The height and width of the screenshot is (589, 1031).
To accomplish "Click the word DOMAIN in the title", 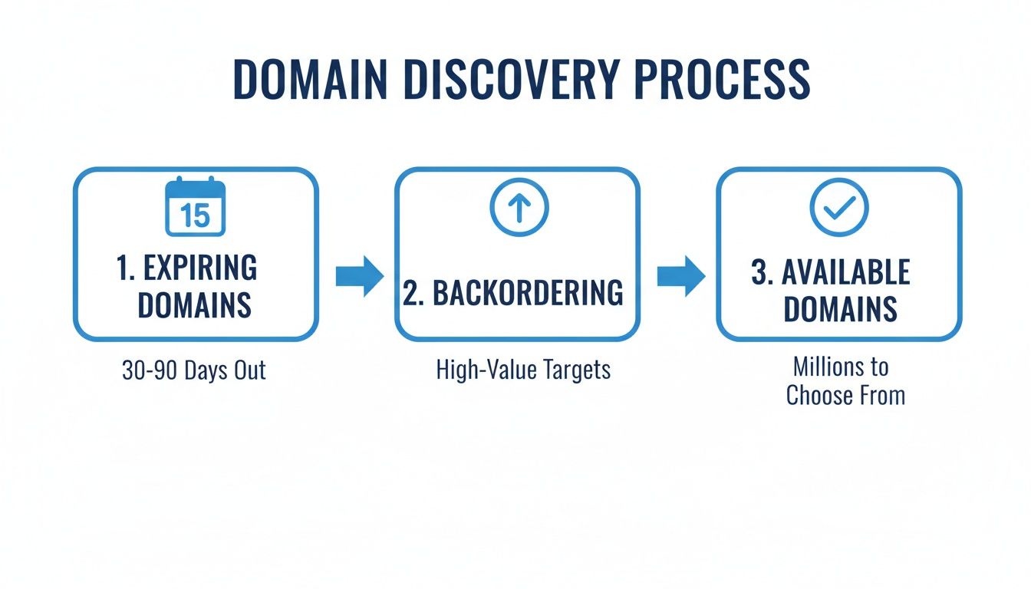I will coord(311,78).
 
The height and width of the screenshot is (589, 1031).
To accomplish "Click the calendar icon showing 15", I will coord(196,207).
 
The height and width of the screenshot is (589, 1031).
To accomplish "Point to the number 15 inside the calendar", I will coord(196,216).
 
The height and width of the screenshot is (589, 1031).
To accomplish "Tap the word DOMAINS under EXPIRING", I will coord(195,305).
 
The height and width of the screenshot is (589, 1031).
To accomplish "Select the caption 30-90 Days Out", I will coord(194,371).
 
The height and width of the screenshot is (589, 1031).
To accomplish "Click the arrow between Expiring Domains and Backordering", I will coord(359,275).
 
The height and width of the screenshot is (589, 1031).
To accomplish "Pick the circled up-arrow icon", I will coord(519,207).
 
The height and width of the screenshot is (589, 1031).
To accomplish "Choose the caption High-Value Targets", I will coord(523,370).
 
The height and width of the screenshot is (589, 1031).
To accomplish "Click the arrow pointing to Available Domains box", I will coord(680,275).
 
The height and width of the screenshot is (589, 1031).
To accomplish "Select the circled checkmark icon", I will coord(839,207).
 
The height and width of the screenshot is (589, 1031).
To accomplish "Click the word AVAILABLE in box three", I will coord(854,273).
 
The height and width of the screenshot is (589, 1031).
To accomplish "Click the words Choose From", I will coord(845,396).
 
